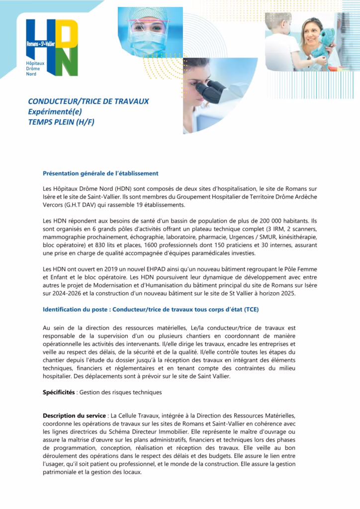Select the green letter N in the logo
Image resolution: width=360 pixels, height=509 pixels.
pos(68,62)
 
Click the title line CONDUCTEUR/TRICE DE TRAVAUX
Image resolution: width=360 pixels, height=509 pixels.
pos(89,101)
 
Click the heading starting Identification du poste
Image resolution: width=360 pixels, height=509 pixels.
pos(151,309)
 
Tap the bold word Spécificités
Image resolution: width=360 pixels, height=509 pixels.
pos(59,392)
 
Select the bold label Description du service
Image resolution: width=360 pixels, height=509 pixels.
pos(75,416)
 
